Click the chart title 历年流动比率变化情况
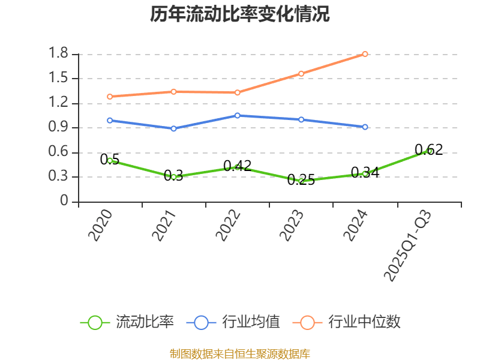pyautogui.click(x=240, y=14)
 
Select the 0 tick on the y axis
pyautogui.click(x=65, y=202)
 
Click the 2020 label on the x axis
pyautogui.click(x=101, y=225)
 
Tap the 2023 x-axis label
pyautogui.click(x=292, y=225)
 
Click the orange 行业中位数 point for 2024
pyautogui.click(x=365, y=54)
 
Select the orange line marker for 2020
pyautogui.click(x=110, y=96)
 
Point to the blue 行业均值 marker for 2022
pyautogui.click(x=238, y=115)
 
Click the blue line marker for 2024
pyautogui.click(x=365, y=127)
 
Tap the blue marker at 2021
pyautogui.click(x=173, y=128)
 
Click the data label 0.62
pyautogui.click(x=428, y=149)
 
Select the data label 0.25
pyautogui.click(x=301, y=179)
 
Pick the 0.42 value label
pyautogui.click(x=238, y=166)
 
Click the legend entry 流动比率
pyautogui.click(x=145, y=322)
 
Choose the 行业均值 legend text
pyautogui.click(x=251, y=322)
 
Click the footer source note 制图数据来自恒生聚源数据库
pyautogui.click(x=240, y=353)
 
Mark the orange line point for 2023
pyautogui.click(x=301, y=73)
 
